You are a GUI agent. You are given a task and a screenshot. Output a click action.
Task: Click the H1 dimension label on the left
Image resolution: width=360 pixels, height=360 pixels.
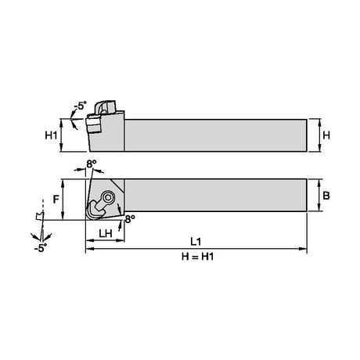(51, 135)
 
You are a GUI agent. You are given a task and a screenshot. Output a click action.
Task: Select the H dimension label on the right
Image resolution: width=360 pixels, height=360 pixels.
(326, 135)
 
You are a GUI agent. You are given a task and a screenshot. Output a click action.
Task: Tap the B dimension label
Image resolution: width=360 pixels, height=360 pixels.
(326, 196)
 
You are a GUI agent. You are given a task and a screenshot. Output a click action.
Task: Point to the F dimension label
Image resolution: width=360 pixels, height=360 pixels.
(56, 200)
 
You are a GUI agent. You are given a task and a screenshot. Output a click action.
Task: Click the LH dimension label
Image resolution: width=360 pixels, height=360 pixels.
(106, 233)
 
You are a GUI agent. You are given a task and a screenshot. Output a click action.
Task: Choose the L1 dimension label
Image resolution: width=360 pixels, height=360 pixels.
(196, 242)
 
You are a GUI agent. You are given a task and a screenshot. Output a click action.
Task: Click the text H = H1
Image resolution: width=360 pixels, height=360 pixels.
(197, 257)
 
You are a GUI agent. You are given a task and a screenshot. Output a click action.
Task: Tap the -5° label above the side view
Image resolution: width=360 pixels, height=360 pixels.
(80, 106)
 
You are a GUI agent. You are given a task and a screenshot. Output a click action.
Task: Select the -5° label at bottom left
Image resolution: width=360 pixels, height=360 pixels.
(41, 248)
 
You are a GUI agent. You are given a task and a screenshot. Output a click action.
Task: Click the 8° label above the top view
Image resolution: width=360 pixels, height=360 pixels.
(92, 164)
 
